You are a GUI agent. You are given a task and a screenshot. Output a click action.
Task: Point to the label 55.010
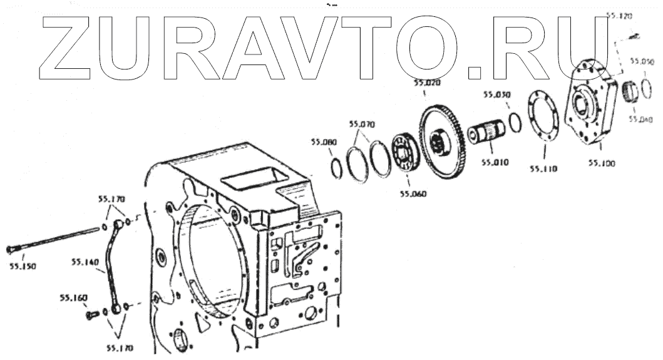[x=495, y=162]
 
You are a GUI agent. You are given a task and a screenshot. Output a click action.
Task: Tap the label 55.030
[x=496, y=95]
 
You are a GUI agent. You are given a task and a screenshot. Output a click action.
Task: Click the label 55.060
[x=411, y=193]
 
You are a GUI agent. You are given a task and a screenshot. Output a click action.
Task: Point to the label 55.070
[x=361, y=124]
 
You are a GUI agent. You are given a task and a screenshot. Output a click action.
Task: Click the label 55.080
[x=324, y=142]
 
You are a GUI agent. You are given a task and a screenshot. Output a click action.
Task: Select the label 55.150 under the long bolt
[x=23, y=265]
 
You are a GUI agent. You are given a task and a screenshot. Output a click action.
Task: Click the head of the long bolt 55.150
[x=11, y=250]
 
